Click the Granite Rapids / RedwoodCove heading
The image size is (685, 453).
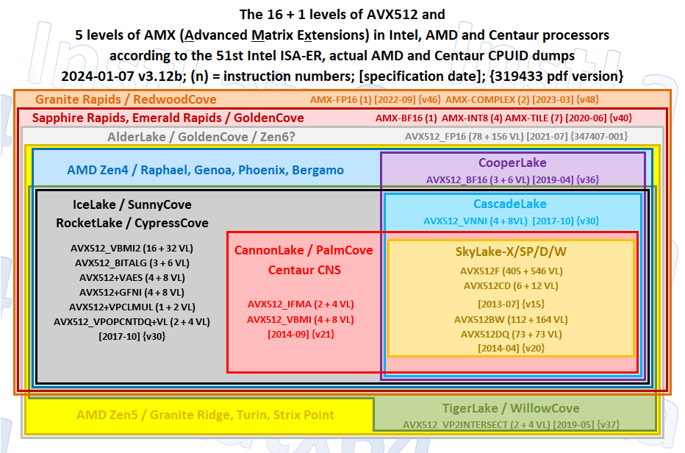pos(126,99)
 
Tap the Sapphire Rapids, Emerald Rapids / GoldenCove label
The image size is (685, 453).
pos(168,118)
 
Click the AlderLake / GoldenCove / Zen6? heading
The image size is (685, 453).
pos(201,137)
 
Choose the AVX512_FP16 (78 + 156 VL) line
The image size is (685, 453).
pos(464,137)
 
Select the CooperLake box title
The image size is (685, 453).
pos(512,163)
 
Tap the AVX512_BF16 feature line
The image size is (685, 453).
pos(478,179)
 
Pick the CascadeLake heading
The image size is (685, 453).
pos(510,204)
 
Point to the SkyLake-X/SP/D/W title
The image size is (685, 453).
pos(511,252)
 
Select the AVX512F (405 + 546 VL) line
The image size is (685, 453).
pos(511,271)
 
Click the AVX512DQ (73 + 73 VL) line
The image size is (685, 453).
pos(511,335)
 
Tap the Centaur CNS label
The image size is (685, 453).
pos(304,270)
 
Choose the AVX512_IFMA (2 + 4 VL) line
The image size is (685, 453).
pos(301,304)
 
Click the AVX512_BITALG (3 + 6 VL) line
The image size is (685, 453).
pos(132,263)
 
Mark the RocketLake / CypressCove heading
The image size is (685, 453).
pos(132,223)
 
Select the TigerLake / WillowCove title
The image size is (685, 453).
pos(511,408)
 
